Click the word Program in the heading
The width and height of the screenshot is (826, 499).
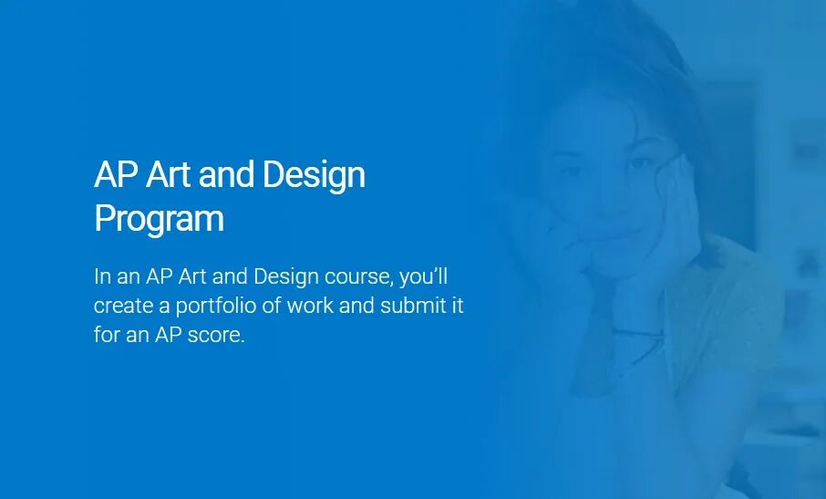coord(159,219)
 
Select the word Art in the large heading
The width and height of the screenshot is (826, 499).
coord(168,174)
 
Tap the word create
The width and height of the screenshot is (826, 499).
coord(124,307)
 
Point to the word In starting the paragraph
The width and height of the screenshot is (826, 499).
coord(102,276)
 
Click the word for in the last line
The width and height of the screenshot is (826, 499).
coord(107,334)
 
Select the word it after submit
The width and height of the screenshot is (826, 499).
coord(458,305)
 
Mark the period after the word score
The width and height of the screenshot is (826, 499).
coord(243,341)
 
